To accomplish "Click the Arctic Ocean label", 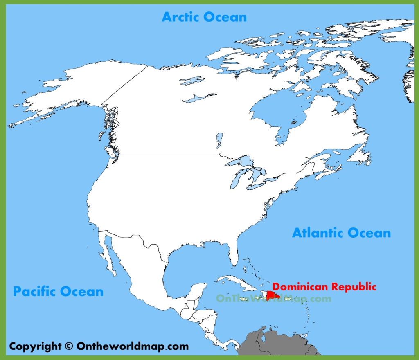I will pos(204,17).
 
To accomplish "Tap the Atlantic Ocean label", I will pos(341,233).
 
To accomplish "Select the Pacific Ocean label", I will pos(58,292).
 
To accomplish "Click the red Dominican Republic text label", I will pos(324,286).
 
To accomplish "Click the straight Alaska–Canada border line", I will pos(125,84).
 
